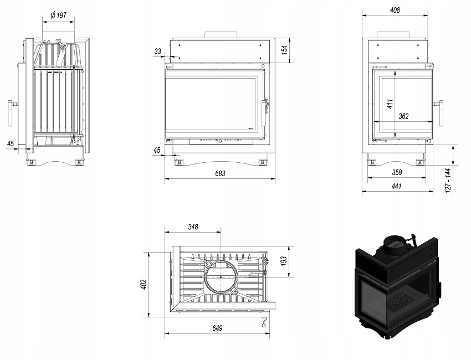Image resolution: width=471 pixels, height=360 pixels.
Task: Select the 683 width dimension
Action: click(x=220, y=173)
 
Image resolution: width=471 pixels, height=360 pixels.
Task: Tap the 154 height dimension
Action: click(x=284, y=49)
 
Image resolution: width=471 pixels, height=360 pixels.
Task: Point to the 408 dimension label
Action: click(x=395, y=10)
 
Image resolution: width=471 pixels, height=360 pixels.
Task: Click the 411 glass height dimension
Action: click(x=390, y=103)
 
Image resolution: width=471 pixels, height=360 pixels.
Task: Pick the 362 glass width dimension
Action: click(x=403, y=116)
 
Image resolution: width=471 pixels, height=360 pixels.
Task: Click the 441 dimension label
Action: click(x=396, y=187)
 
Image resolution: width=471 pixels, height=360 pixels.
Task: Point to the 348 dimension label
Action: click(x=193, y=227)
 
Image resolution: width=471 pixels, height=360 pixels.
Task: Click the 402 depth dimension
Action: click(x=143, y=284)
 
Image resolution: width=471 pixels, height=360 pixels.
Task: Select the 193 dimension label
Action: click(x=284, y=260)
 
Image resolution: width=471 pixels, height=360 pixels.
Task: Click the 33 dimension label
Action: click(x=158, y=51)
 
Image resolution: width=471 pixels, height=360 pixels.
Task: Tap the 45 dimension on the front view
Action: click(x=157, y=150)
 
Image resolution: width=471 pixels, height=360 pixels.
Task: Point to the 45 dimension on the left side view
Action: click(x=11, y=143)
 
